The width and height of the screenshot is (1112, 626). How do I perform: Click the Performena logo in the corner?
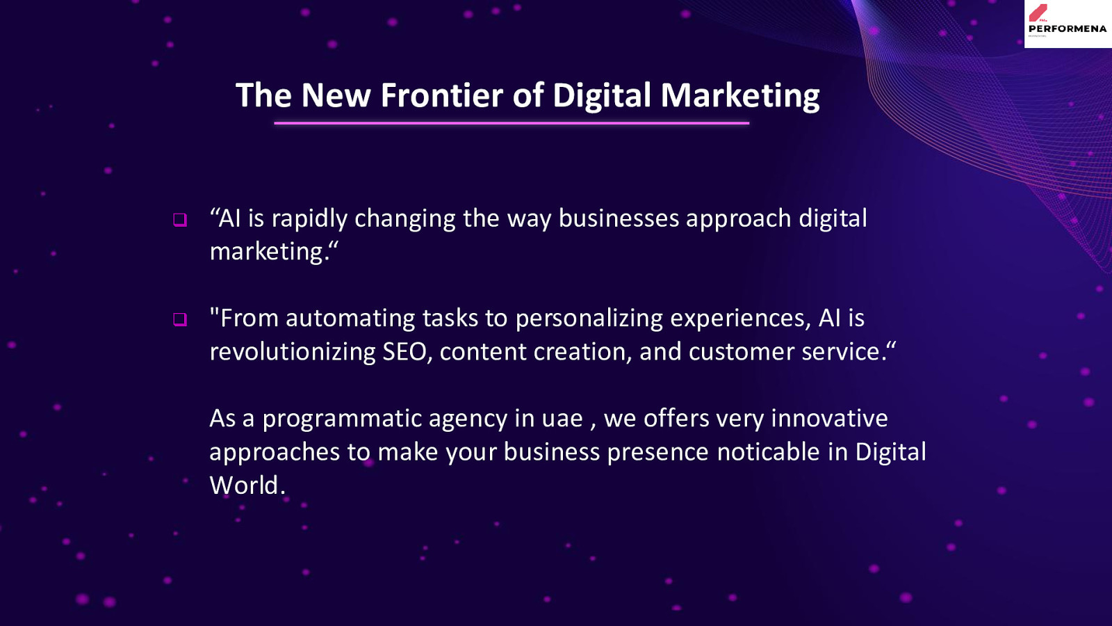tap(1068, 24)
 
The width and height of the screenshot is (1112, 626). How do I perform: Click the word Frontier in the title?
tap(442, 95)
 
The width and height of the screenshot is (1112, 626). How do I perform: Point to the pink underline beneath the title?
tap(512, 122)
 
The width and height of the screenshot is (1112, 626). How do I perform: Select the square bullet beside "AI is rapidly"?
tap(180, 220)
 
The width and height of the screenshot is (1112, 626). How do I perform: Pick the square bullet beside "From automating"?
tap(180, 319)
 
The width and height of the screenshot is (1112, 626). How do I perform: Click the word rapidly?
tap(309, 219)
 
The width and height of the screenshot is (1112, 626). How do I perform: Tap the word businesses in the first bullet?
tap(619, 218)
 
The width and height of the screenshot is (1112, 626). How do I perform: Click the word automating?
tap(350, 319)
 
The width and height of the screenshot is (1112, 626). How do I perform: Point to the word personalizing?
tap(589, 319)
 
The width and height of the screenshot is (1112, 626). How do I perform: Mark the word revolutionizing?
tap(293, 352)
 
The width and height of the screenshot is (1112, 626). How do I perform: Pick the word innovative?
tap(829, 418)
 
